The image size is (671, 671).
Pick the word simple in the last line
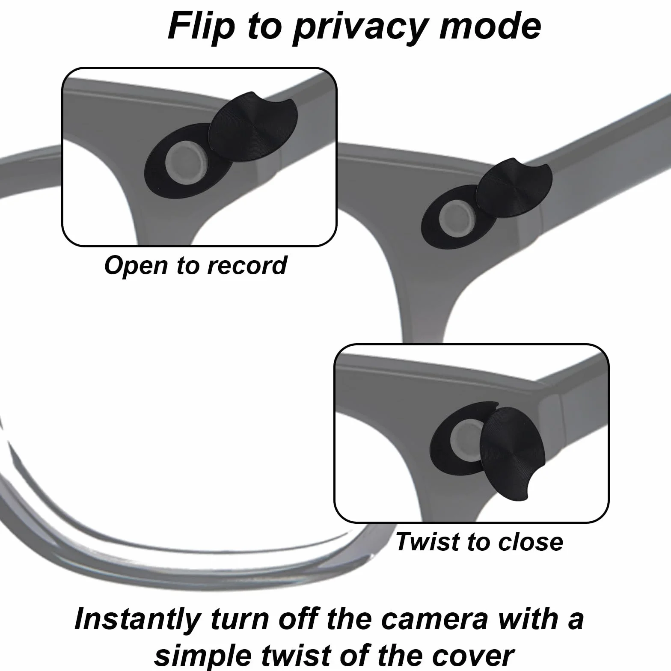coord(202,655)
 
